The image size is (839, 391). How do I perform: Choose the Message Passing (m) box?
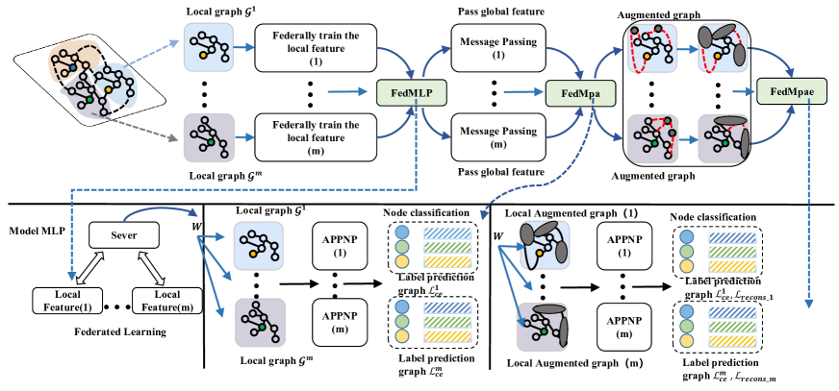pos(498,135)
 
